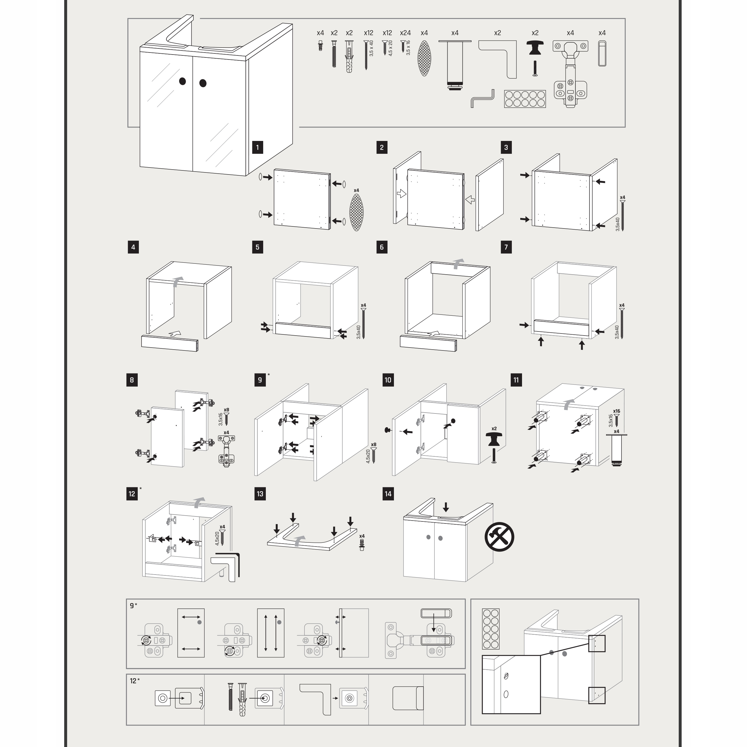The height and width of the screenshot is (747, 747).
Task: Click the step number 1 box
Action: [257, 147]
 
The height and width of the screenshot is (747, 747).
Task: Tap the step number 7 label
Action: [506, 247]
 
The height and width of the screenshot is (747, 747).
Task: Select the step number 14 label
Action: [388, 494]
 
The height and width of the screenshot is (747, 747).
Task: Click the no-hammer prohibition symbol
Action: [499, 537]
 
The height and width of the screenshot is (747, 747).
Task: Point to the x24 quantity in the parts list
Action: [405, 33]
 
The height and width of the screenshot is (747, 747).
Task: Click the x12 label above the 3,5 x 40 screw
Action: [369, 33]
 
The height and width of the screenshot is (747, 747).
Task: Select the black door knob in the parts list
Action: [535, 48]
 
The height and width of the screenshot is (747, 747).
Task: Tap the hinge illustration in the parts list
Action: [570, 74]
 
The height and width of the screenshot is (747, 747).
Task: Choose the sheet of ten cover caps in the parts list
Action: [525, 99]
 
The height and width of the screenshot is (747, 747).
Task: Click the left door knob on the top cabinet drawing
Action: [182, 81]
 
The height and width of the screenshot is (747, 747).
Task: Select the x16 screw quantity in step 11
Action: [616, 411]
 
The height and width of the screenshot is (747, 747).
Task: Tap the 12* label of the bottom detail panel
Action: [135, 681]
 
